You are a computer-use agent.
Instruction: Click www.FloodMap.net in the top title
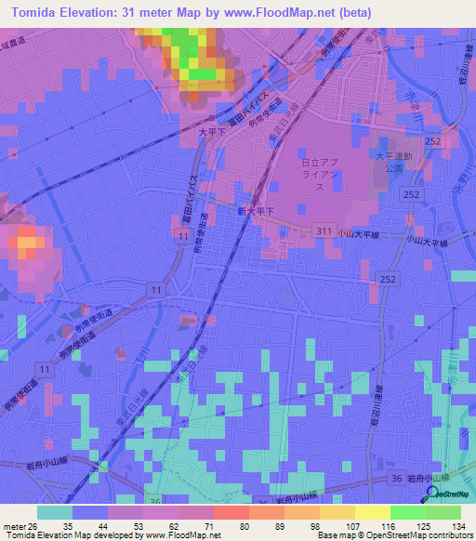click(284, 13)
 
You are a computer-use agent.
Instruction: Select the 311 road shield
click(324, 230)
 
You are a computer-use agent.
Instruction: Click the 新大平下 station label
click(256, 212)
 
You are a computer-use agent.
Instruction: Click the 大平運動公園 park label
click(392, 163)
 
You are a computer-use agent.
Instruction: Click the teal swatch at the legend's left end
click(55, 512)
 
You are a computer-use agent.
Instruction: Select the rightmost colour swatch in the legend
click(443, 512)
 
